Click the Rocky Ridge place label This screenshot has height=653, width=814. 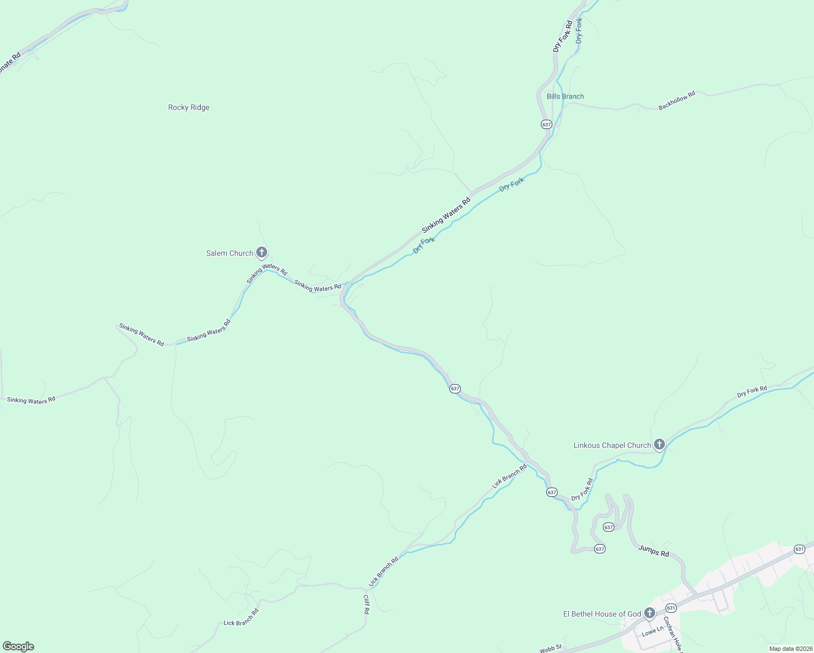tap(189, 108)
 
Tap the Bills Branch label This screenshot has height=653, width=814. tap(565, 96)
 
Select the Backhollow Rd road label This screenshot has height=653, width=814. tap(677, 101)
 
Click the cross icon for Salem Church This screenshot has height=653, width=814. tap(262, 252)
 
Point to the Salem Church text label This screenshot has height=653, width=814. tap(230, 253)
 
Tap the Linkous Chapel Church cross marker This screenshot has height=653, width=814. tap(659, 445)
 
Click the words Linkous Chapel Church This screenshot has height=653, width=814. tap(612, 445)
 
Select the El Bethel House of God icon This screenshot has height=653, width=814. tap(650, 613)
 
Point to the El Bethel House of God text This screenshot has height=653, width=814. tap(602, 614)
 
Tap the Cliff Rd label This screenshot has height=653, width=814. tap(366, 604)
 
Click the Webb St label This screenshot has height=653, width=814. tap(550, 648)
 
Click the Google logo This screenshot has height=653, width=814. tap(18, 646)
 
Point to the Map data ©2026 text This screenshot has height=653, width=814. tap(790, 649)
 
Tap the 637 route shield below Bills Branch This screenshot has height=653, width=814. tap(547, 124)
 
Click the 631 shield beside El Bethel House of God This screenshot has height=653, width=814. tap(671, 608)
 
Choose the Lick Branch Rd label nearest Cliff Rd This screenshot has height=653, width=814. tap(384, 571)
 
